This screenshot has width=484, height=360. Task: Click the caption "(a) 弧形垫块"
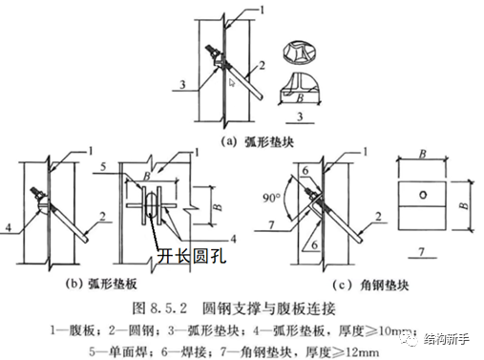coord(243,140)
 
